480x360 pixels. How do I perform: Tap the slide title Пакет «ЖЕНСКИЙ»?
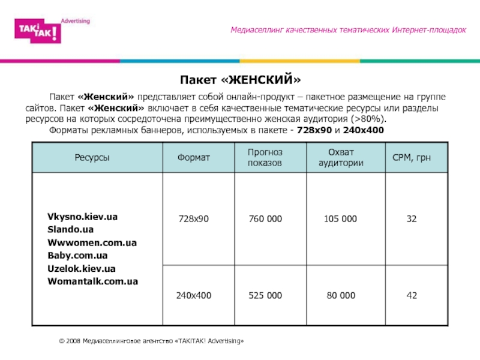click(x=240, y=79)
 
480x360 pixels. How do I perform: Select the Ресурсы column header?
click(x=92, y=158)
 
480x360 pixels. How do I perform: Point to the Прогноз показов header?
click(x=265, y=158)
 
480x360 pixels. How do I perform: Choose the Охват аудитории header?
click(x=341, y=158)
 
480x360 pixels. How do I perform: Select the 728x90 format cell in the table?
click(x=194, y=219)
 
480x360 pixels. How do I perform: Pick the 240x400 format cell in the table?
click(x=193, y=295)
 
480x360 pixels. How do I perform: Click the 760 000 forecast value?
click(x=265, y=219)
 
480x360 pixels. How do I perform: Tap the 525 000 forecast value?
click(x=265, y=295)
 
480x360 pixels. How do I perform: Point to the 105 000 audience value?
click(x=340, y=219)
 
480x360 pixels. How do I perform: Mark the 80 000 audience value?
click(x=340, y=295)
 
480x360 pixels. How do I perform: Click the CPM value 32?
click(x=412, y=219)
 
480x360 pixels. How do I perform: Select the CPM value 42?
click(x=412, y=295)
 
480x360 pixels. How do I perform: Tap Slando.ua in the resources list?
click(x=70, y=229)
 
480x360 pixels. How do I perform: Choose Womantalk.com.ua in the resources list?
click(x=93, y=281)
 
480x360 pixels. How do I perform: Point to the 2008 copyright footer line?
click(x=152, y=341)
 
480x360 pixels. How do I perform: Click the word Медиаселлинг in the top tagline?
click(x=257, y=30)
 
